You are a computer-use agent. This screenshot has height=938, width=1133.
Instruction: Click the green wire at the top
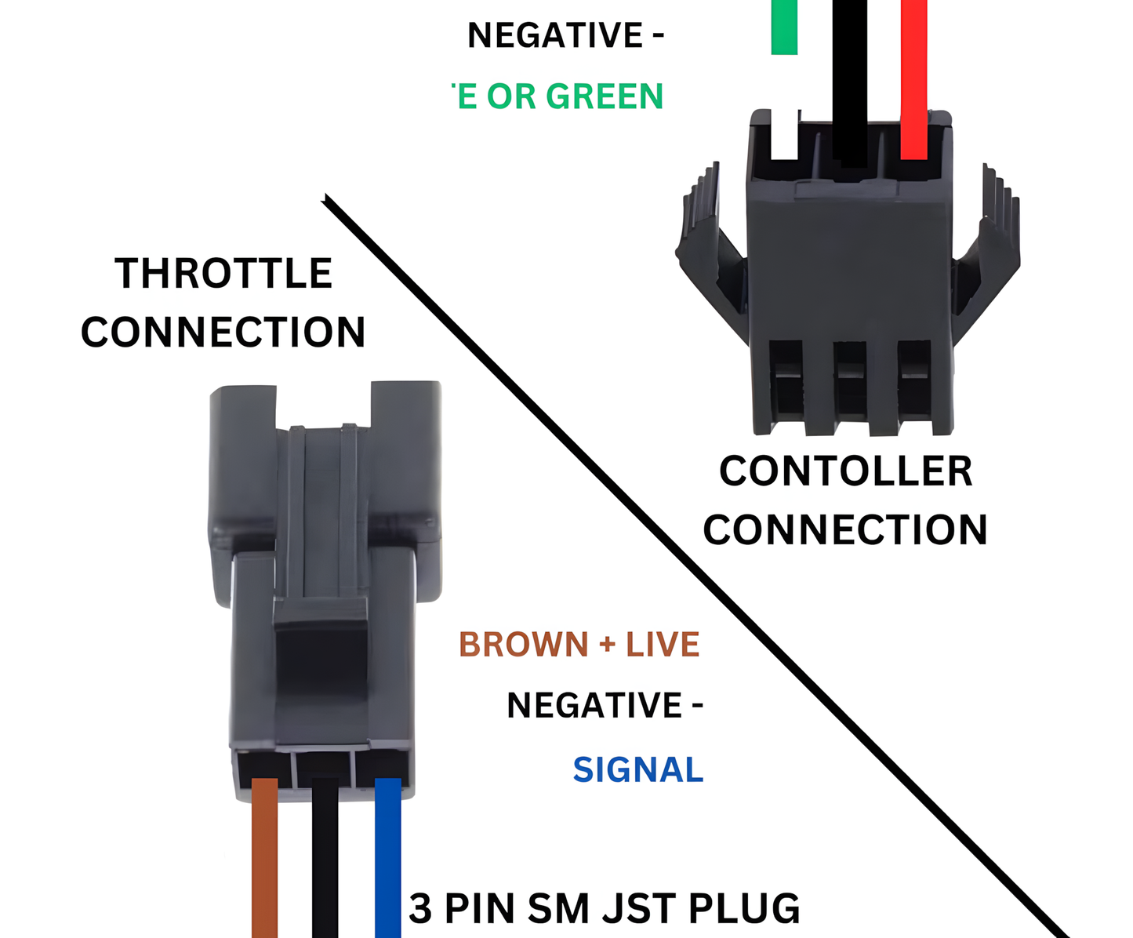tap(784, 27)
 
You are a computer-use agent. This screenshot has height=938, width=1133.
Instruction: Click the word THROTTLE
tap(224, 274)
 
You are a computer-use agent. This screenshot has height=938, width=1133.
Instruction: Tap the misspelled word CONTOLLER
tap(846, 471)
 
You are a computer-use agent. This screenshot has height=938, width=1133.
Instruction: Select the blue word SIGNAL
tap(638, 770)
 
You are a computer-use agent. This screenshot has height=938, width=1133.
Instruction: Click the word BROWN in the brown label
tap(524, 645)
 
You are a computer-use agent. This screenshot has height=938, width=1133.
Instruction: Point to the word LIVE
tap(663, 645)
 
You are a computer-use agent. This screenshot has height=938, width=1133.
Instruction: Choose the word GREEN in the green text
tap(605, 96)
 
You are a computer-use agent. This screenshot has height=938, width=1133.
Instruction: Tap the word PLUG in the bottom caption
tap(744, 908)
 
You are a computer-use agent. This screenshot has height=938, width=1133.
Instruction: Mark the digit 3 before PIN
tap(420, 908)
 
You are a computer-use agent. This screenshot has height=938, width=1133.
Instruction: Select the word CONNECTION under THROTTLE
tap(223, 333)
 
